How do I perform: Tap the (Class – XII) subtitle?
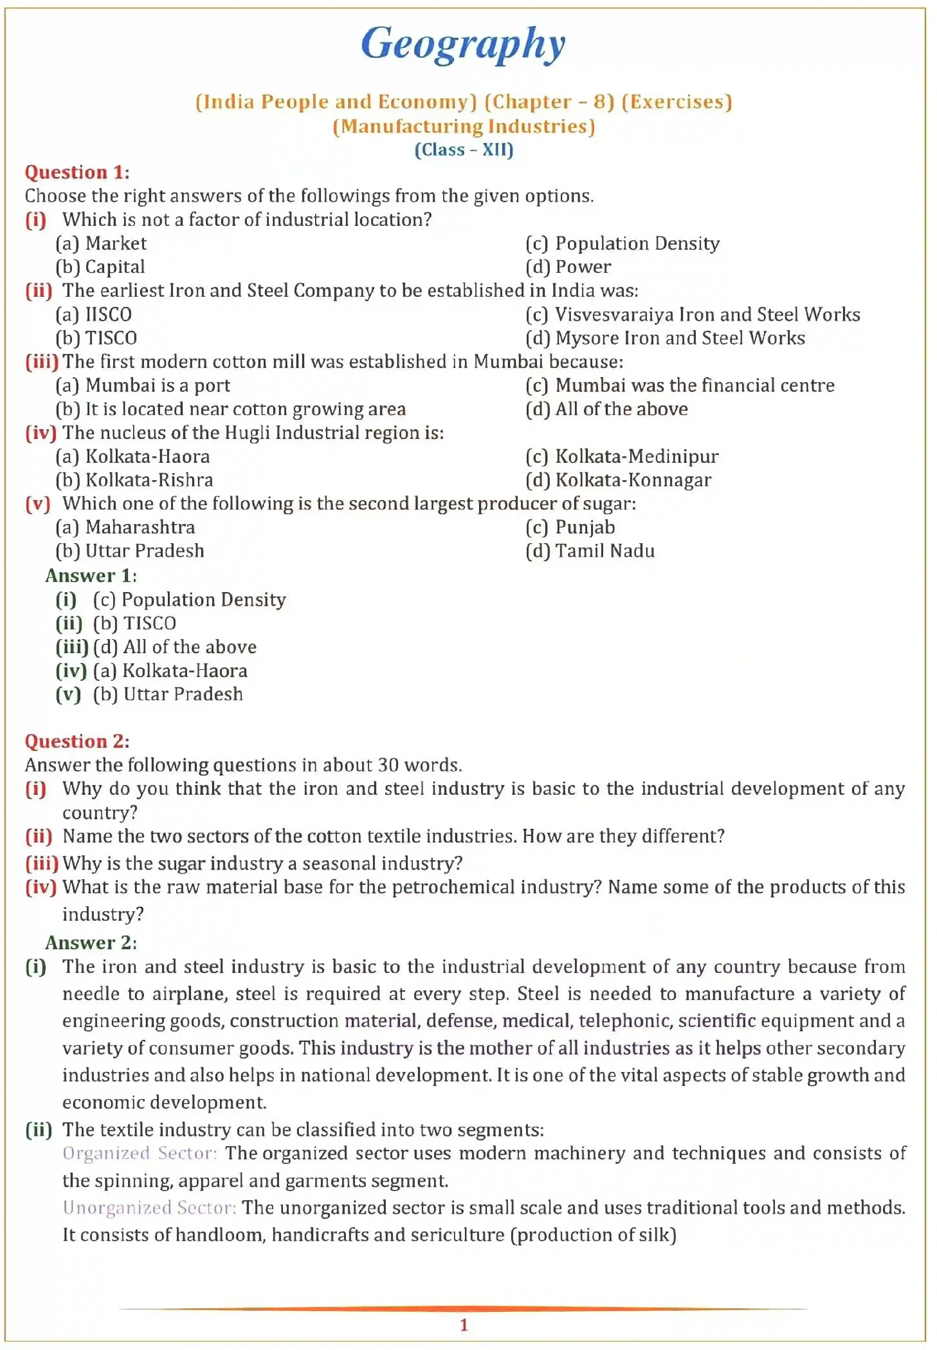click(x=464, y=150)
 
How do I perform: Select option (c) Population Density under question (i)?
click(x=622, y=243)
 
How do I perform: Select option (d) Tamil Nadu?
click(x=590, y=551)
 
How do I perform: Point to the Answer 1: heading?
click(x=91, y=575)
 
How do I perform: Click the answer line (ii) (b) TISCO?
click(x=116, y=623)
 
